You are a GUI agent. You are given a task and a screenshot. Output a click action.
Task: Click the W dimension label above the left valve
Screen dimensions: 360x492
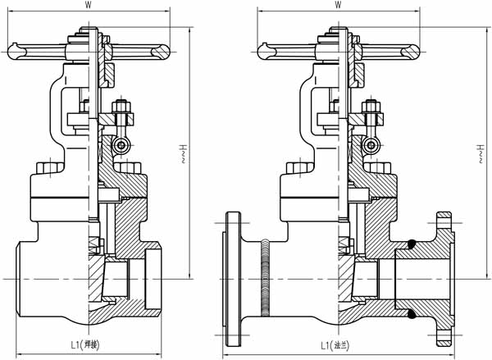coord(88,5)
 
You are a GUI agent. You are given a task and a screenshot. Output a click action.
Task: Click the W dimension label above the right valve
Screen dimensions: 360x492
coord(338,5)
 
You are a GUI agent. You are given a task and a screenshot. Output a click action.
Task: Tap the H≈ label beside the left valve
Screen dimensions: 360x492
coord(181,152)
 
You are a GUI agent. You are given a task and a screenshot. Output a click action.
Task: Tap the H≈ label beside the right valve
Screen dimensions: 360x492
coord(479,152)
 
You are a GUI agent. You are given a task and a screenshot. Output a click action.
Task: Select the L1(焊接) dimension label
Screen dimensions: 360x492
coord(85,346)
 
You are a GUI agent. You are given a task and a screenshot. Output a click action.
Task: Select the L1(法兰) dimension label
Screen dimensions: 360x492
coord(337,346)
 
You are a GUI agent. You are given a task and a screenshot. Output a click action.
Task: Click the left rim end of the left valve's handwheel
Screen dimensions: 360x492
coord(16,51)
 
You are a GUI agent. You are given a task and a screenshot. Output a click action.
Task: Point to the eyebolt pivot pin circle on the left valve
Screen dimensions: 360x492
coord(121,146)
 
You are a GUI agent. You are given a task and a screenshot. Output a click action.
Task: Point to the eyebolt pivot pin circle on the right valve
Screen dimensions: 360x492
coord(371,146)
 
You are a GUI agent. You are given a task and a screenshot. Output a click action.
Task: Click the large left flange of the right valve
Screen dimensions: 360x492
coord(232,277)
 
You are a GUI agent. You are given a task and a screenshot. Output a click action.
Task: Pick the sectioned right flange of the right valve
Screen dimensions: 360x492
coord(442,277)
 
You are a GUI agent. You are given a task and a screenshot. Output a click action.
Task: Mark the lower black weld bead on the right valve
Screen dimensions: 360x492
coord(411,312)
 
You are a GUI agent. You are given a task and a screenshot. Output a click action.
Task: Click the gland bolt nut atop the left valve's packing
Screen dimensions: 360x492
coord(119,107)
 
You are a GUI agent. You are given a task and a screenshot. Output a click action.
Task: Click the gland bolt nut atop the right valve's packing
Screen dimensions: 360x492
coord(369,107)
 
